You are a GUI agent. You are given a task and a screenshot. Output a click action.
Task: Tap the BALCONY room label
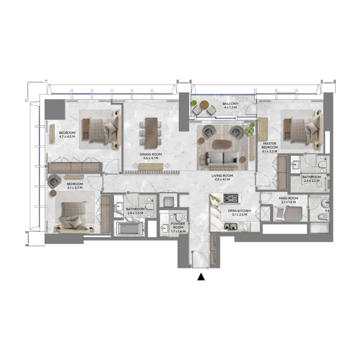[x=229, y=104]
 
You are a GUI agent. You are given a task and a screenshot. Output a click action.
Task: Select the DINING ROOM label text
[x=150, y=154]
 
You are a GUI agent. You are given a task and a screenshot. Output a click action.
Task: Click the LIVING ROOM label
[x=222, y=175]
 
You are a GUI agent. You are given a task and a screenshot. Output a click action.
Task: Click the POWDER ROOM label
[x=178, y=226]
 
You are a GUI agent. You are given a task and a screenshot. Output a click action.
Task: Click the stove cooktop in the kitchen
[x=232, y=198]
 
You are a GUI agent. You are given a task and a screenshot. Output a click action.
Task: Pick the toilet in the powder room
[x=178, y=217]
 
